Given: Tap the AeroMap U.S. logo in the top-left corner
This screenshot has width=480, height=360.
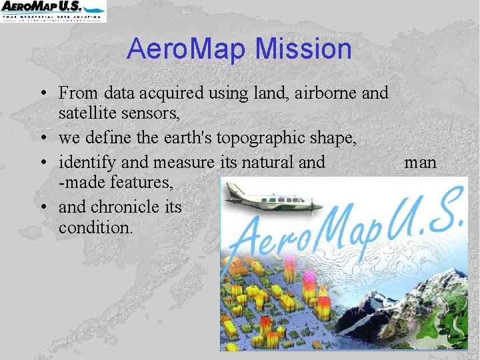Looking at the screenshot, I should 53,11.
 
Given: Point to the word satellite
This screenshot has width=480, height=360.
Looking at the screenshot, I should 87,115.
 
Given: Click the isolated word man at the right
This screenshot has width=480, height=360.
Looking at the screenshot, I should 420,162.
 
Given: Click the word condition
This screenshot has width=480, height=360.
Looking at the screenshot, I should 96,227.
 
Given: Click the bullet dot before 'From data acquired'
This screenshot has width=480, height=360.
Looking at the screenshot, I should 42,93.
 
